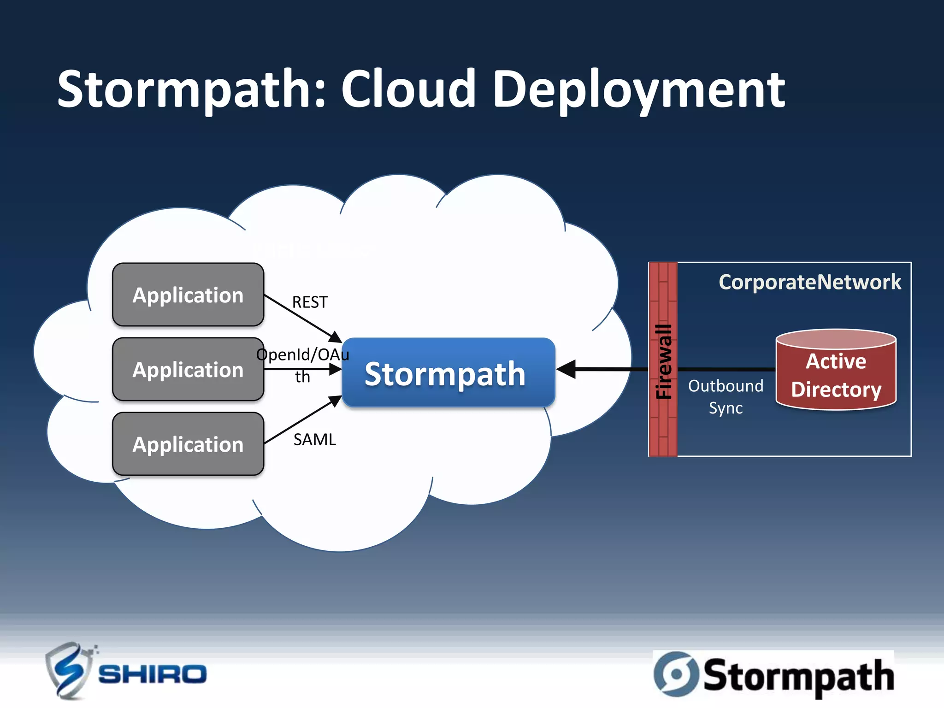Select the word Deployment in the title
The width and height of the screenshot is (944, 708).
(638, 90)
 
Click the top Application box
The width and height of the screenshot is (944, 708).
(188, 295)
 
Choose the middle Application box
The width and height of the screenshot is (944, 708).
(188, 370)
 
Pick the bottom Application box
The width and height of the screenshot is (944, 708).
(188, 444)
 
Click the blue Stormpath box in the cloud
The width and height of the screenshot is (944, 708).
(448, 373)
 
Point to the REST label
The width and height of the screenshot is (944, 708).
(310, 302)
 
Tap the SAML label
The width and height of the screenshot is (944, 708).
(315, 440)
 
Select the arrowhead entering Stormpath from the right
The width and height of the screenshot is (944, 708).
(566, 369)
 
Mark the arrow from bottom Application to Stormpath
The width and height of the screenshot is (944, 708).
(302, 420)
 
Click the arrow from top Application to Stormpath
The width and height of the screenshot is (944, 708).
(302, 318)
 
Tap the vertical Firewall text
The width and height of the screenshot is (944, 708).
(664, 362)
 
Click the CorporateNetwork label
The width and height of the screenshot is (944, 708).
(809, 282)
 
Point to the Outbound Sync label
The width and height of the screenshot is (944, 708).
(726, 397)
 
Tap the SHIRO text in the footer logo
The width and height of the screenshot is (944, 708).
(152, 675)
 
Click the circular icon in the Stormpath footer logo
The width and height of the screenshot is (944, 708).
(676, 673)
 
